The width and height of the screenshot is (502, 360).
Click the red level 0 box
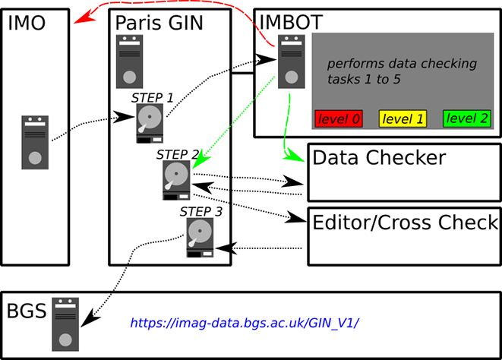(339, 118)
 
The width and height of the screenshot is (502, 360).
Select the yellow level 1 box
(403, 118)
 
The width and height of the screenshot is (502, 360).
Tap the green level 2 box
(466, 118)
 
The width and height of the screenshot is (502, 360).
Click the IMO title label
(27, 24)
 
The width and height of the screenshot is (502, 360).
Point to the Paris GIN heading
(159, 24)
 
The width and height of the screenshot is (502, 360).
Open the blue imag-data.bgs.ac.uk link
(244, 323)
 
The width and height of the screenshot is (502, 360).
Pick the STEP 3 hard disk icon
(200, 237)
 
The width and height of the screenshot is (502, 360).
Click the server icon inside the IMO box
(34, 142)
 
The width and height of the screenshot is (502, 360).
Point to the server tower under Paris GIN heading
(130, 62)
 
